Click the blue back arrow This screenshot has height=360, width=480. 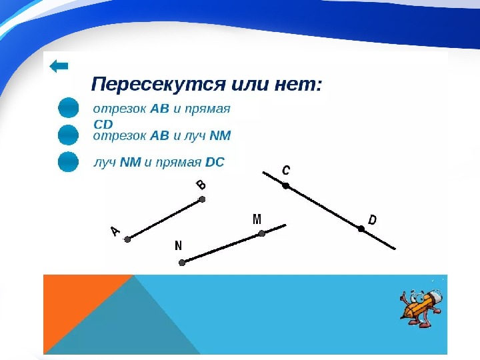coord(59,66)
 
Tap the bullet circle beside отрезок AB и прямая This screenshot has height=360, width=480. coord(68,108)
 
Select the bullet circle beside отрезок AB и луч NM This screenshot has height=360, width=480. coord(68,135)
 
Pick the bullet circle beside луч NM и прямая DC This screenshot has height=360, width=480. coord(68,161)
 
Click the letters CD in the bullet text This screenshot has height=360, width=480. coord(103,125)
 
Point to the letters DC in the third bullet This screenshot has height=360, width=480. coord(215,162)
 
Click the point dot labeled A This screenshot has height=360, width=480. coord(127,239)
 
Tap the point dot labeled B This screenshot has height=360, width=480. coord(202,199)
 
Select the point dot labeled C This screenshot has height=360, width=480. coord(285,185)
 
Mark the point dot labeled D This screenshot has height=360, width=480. coord(361,229)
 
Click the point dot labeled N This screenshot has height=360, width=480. coord(182,263)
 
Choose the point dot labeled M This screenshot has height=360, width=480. coord(261,233)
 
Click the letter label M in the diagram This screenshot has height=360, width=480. coord(257,219)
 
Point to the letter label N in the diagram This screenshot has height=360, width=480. coord(178,245)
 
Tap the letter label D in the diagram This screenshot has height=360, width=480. coord(372,220)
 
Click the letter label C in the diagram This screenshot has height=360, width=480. coord(285,170)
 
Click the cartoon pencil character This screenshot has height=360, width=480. coord(421,307)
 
